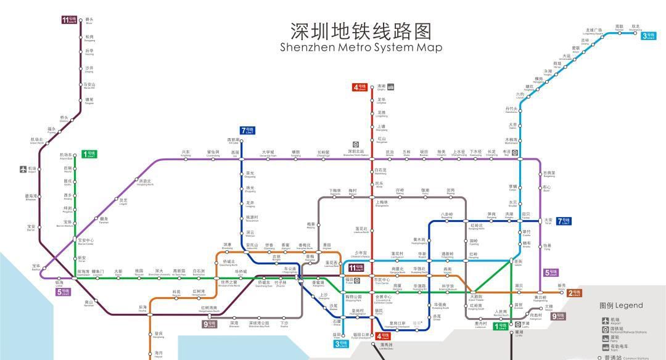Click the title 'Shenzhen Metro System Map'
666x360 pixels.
tap(361, 47)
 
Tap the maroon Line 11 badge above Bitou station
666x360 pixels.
tap(69, 20)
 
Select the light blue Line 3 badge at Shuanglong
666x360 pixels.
tap(647, 36)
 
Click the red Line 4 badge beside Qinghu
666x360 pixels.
tap(360, 87)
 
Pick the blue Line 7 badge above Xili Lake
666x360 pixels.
tap(247, 130)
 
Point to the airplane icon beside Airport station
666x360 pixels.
tap(23, 168)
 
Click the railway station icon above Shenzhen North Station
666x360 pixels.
tap(356, 144)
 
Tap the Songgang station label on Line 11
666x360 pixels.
tap(89, 38)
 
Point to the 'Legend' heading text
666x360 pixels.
tap(621, 305)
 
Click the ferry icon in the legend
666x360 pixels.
tap(605, 338)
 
